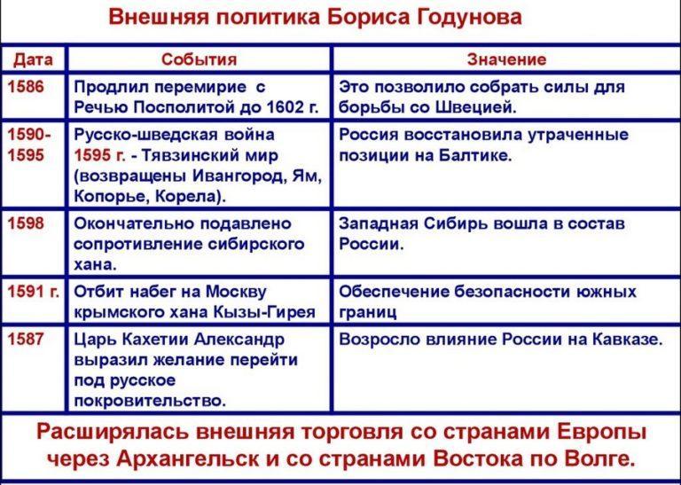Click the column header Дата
(33, 59)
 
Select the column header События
(199, 59)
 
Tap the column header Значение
(506, 59)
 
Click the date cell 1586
(26, 87)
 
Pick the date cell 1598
(26, 223)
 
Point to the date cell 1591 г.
(34, 292)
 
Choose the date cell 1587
(26, 339)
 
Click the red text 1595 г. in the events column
(99, 155)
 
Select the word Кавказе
(627, 339)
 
